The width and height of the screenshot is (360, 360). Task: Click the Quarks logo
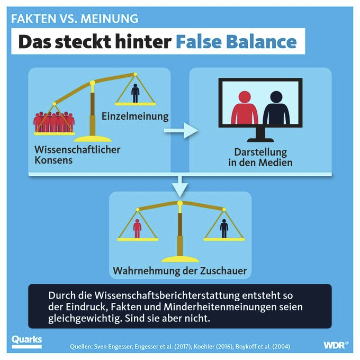26,341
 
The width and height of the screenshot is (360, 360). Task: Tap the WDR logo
336,345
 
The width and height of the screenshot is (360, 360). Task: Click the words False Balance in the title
236,41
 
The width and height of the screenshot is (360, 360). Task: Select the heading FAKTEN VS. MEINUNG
75,19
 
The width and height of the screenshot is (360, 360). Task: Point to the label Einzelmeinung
135,116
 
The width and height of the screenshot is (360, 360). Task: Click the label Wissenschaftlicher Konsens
77,155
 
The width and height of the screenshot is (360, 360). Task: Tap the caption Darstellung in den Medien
260,157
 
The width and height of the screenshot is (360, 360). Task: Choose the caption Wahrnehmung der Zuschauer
180,271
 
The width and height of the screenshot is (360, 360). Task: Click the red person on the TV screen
245,107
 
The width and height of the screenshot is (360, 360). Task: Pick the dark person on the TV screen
276,107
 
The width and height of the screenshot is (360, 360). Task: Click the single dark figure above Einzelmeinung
135,93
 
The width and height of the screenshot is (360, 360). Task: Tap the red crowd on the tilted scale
54,122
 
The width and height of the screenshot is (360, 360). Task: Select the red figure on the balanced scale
137,229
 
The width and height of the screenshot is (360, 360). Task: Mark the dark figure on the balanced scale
224,229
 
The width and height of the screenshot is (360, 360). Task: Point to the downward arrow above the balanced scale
180,187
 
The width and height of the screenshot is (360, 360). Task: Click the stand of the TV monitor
260,134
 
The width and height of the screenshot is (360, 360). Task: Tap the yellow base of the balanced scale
180,259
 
